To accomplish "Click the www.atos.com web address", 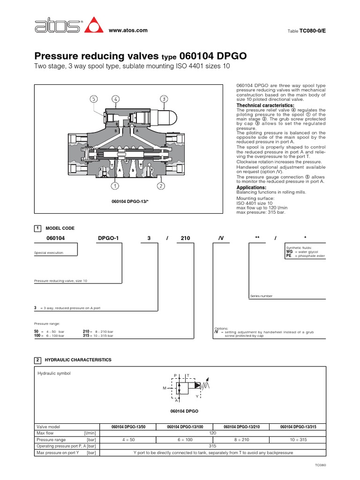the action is tap(128, 30).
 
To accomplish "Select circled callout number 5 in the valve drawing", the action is tap(94, 99).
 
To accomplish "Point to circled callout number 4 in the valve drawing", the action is tap(115, 99).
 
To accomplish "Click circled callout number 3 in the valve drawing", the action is tap(164, 99).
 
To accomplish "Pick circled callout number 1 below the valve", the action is tap(114, 186).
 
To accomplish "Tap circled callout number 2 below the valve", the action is tap(160, 186).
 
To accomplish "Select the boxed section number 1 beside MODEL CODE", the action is tap(37, 228).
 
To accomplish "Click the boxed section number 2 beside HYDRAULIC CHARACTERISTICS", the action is tap(37, 360).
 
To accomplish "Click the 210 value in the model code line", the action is tap(186, 238).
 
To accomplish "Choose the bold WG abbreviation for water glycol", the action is tap(289, 252).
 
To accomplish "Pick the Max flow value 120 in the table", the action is tap(212, 434).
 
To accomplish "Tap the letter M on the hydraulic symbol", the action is tap(165, 388).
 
